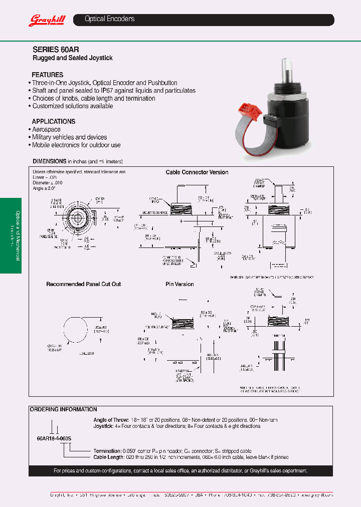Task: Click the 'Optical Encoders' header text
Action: (x=109, y=19)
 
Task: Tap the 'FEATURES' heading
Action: (x=48, y=75)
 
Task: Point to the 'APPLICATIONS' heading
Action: (x=54, y=121)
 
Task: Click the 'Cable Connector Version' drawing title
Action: (x=197, y=172)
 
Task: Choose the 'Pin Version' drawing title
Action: (x=179, y=284)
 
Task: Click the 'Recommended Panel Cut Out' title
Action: (x=84, y=284)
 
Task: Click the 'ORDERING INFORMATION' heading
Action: (x=64, y=409)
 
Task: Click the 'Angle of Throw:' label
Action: (x=111, y=420)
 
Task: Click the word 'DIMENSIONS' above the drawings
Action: (x=50, y=161)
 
